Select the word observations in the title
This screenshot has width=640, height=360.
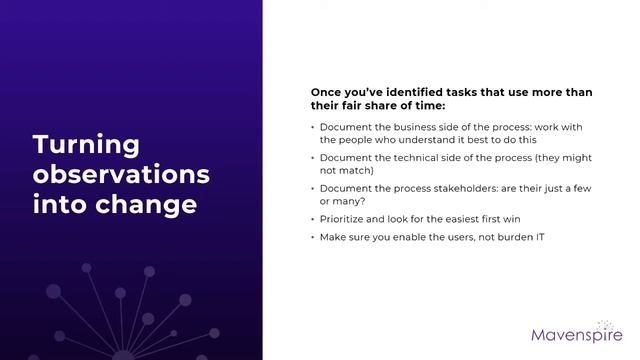[x=121, y=175]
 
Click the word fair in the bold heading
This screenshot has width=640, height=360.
[x=360, y=105]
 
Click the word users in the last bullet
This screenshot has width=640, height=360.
[x=444, y=237]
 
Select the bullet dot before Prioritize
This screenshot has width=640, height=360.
[x=312, y=218]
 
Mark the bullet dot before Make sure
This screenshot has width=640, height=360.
[x=312, y=237]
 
